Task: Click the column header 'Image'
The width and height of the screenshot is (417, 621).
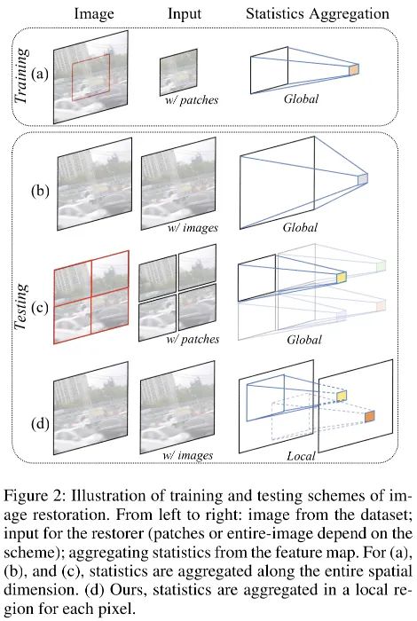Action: [94, 14]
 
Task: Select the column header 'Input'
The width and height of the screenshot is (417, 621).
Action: [185, 14]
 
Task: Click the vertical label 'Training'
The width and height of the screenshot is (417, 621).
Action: [22, 76]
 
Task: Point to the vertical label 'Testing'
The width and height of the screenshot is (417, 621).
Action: [22, 307]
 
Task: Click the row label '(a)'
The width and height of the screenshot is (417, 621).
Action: [40, 74]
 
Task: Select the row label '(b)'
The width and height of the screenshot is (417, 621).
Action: [40, 191]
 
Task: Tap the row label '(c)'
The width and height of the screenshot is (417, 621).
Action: [40, 307]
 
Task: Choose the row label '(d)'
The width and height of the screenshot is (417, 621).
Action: [40, 424]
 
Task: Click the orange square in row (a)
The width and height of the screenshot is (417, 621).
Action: [354, 70]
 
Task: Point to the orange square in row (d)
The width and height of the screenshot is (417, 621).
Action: [369, 417]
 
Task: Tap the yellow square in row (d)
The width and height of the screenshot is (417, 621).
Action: [342, 396]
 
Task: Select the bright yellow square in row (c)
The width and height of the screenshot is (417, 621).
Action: [342, 277]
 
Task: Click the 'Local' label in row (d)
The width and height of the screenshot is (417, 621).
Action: [301, 456]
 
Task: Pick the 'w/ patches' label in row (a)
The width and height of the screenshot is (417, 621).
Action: [192, 99]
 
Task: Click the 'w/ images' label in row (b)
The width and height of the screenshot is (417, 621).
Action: [193, 228]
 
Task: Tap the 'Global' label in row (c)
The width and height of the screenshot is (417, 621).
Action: [304, 340]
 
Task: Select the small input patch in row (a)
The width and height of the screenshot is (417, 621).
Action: [178, 72]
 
